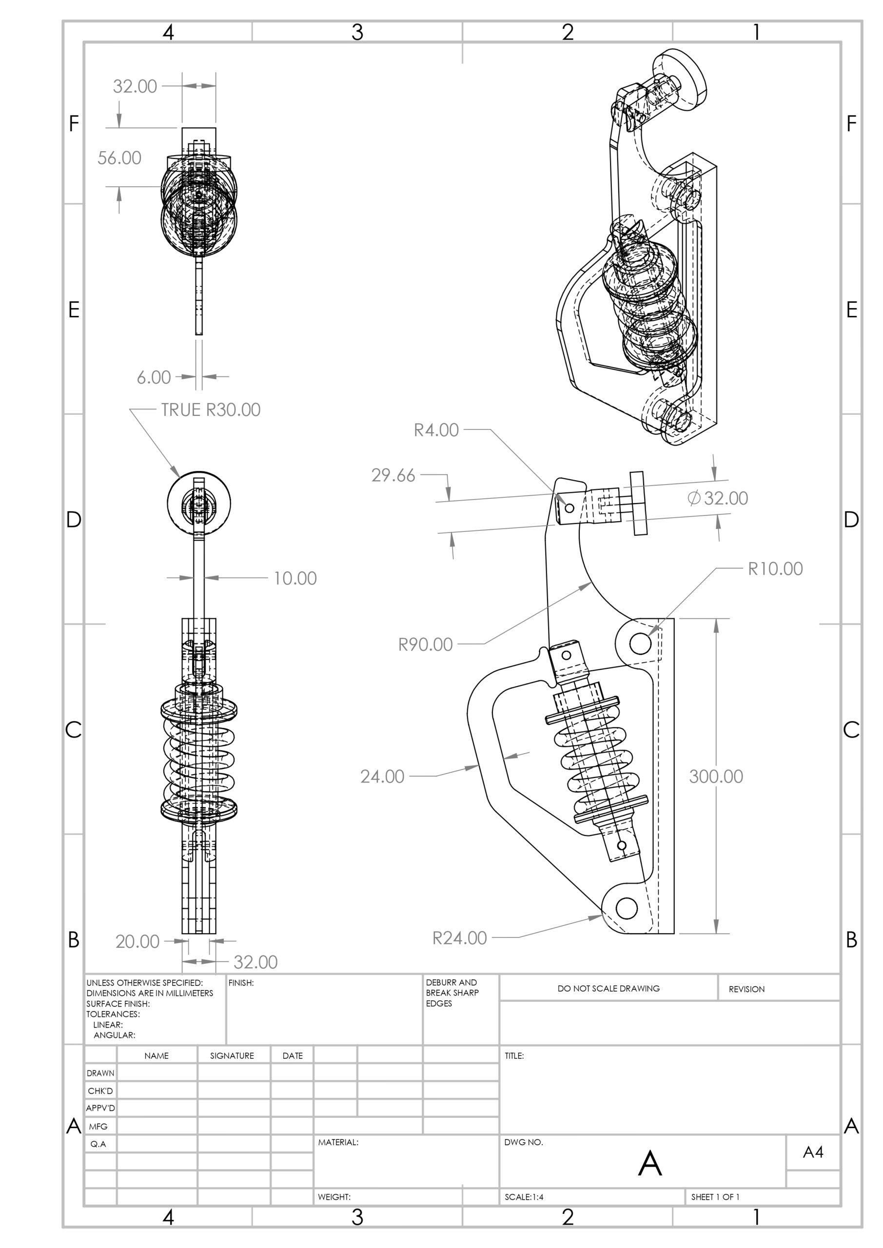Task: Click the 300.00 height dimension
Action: pyautogui.click(x=716, y=776)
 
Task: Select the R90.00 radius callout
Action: pyautogui.click(x=425, y=644)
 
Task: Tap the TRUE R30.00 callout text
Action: pyautogui.click(x=211, y=410)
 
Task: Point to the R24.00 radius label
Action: pyautogui.click(x=459, y=938)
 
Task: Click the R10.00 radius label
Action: pyautogui.click(x=775, y=569)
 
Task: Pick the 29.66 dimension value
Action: pyautogui.click(x=393, y=476)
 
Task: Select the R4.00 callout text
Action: pyautogui.click(x=436, y=430)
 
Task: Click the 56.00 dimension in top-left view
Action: pyautogui.click(x=119, y=158)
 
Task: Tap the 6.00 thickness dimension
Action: pyautogui.click(x=154, y=377)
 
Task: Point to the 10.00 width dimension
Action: pyautogui.click(x=294, y=578)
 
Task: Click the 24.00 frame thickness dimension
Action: pyautogui.click(x=382, y=777)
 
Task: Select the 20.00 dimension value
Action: pyautogui.click(x=137, y=941)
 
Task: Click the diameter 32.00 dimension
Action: pyautogui.click(x=718, y=498)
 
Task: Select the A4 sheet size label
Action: pyautogui.click(x=813, y=1152)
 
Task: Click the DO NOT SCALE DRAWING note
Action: pyautogui.click(x=608, y=988)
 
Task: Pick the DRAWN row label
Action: pyautogui.click(x=100, y=1073)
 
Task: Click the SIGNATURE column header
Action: pyautogui.click(x=232, y=1055)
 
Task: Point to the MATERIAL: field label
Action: pyautogui.click(x=338, y=1143)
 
